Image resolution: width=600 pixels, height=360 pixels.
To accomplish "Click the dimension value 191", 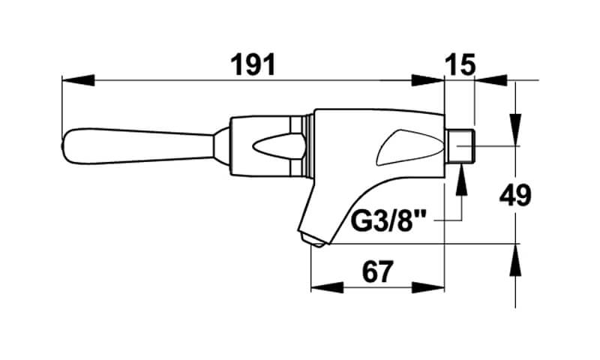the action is click(253, 64).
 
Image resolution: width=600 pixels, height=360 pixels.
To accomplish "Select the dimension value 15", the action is click(460, 64).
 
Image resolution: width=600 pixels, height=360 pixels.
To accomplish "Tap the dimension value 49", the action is click(515, 195).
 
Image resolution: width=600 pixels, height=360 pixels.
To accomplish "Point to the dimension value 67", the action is click(378, 272).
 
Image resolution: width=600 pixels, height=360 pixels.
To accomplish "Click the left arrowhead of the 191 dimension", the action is click(78, 80).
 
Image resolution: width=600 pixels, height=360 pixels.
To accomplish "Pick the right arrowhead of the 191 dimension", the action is click(427, 80).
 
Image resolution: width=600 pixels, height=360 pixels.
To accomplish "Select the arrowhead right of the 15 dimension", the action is click(491, 80).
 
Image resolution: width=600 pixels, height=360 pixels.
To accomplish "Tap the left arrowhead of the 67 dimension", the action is click(327, 287).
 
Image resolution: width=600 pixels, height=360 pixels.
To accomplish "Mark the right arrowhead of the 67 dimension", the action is click(427, 287).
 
